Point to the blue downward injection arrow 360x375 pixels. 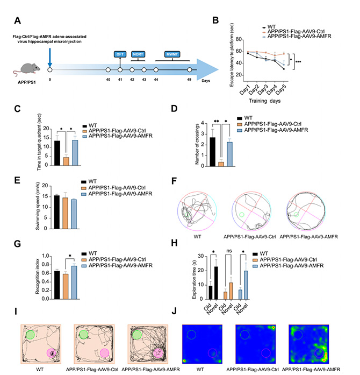coord(49,57)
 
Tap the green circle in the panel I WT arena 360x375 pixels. coord(30,335)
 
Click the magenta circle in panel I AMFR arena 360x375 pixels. coord(158,352)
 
